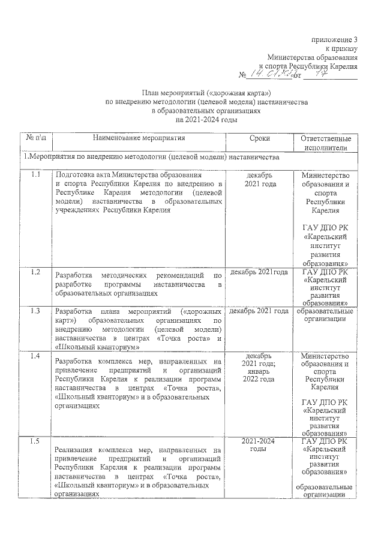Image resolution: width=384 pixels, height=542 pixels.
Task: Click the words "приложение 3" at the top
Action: point(335,39)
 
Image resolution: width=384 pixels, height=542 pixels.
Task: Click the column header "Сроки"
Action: point(260,138)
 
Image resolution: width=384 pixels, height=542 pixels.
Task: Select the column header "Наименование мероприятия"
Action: point(139,138)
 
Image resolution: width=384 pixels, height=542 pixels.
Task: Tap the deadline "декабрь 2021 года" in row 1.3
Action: point(259,311)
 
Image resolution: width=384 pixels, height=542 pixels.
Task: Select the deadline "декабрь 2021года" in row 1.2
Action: point(259,272)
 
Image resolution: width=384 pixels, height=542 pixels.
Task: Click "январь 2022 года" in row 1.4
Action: point(259,375)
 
